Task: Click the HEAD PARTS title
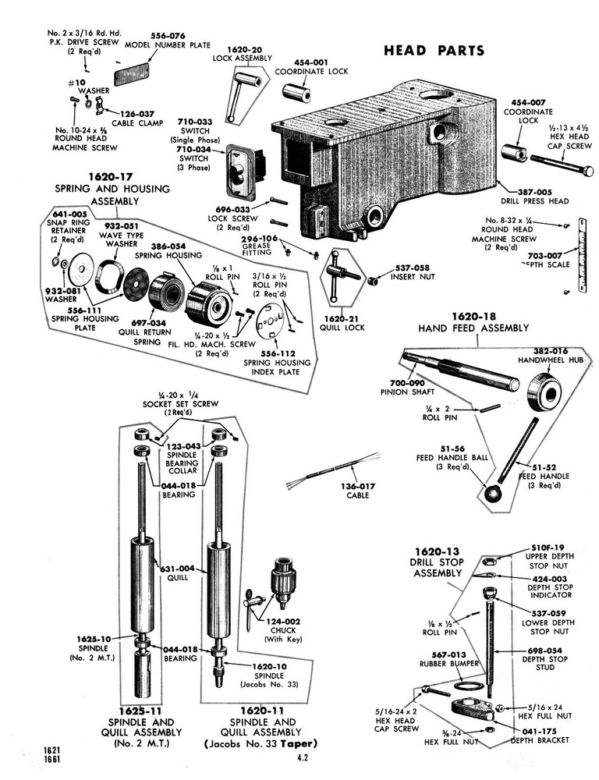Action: coord(434,51)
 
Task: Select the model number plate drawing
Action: coord(136,76)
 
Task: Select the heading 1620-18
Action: coord(473,317)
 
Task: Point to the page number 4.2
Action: coord(303,757)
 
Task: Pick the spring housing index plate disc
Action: coord(268,322)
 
